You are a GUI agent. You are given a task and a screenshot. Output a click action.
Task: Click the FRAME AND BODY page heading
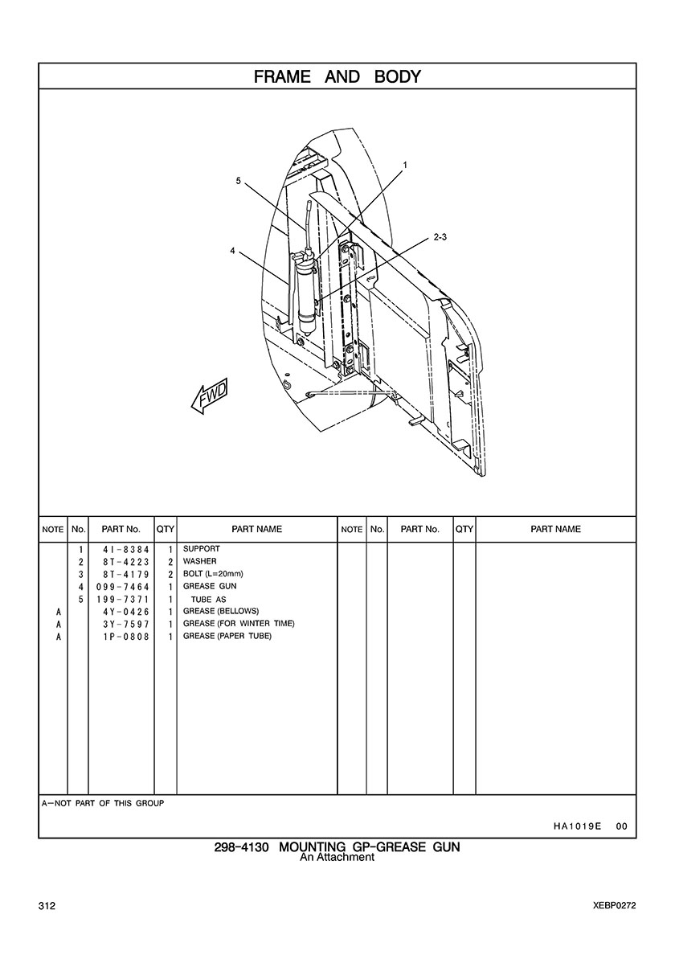[x=337, y=77]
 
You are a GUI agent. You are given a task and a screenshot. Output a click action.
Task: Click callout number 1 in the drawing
[x=405, y=165]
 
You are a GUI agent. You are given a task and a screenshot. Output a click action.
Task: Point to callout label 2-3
[x=440, y=237]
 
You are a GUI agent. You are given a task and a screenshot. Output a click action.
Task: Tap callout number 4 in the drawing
[x=232, y=251]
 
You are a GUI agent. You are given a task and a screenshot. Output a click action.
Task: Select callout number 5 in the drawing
[x=239, y=181]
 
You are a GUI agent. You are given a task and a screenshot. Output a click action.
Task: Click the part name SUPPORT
[x=201, y=549]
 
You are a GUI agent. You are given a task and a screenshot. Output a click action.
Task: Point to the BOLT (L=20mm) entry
[x=213, y=574]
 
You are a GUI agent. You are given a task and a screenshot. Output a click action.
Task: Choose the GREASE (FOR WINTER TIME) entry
[x=239, y=624]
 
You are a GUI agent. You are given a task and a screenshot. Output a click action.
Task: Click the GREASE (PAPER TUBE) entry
[x=227, y=637]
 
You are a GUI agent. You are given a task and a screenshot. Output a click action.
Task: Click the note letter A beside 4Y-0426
[x=59, y=612]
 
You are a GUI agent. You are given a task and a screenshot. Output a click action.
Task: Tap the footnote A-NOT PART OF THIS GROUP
[x=102, y=803]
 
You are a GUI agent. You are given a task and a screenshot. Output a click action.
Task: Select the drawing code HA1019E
[x=578, y=826]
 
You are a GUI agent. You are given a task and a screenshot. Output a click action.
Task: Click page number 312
[x=47, y=906]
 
